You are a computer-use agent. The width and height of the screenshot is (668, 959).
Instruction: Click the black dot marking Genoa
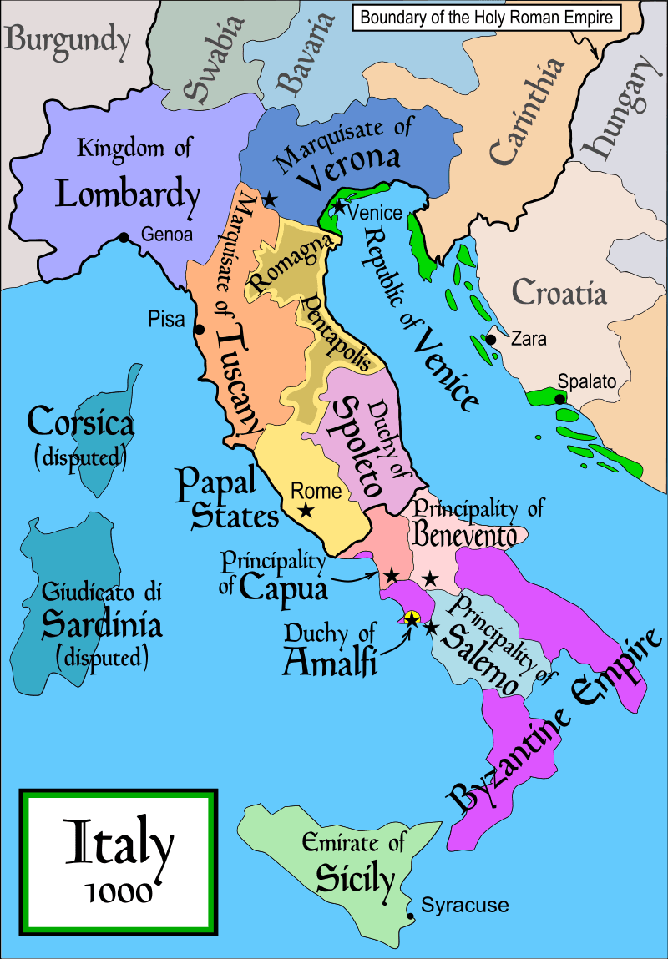click(124, 238)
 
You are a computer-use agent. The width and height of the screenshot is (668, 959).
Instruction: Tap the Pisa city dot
click(200, 329)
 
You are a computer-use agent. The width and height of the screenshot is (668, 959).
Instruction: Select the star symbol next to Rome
click(306, 510)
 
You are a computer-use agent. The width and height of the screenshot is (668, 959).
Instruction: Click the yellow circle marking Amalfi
click(411, 618)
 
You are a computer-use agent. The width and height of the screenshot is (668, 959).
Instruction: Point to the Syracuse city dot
click(410, 916)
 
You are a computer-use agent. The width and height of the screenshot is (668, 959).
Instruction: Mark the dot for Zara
click(491, 340)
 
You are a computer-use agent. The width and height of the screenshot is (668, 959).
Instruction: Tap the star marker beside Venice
click(337, 205)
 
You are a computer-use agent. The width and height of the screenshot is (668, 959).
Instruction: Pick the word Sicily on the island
click(355, 877)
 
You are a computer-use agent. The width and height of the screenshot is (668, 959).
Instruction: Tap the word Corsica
click(80, 423)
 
